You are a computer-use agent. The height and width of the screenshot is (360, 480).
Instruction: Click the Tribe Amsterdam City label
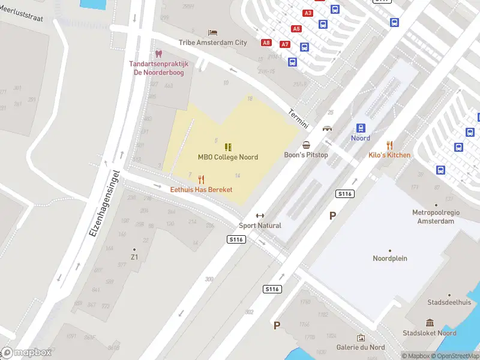(212, 43)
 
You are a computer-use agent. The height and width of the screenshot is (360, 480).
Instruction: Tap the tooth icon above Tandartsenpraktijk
(158, 54)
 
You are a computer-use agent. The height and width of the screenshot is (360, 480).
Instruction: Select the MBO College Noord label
(228, 157)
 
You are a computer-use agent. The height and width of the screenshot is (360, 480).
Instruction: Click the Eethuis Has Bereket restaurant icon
(201, 179)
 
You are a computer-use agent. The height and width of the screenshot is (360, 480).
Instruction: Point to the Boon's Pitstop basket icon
(306, 145)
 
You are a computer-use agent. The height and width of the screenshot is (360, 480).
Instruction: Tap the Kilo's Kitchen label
(389, 155)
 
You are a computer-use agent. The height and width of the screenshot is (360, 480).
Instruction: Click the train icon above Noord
(361, 128)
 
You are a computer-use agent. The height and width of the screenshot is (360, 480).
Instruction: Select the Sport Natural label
(260, 226)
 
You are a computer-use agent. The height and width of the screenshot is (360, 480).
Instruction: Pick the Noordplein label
(390, 259)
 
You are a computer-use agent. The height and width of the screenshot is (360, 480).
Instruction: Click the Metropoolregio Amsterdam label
(433, 217)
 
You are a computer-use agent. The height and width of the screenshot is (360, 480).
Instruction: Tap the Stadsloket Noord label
(430, 333)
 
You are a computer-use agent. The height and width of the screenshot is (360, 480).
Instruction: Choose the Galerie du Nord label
(361, 347)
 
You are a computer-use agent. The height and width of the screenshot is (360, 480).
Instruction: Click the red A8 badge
(266, 43)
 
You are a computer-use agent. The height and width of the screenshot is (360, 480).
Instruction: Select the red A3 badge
(308, 13)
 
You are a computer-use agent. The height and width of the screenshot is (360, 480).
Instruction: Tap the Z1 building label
(134, 257)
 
